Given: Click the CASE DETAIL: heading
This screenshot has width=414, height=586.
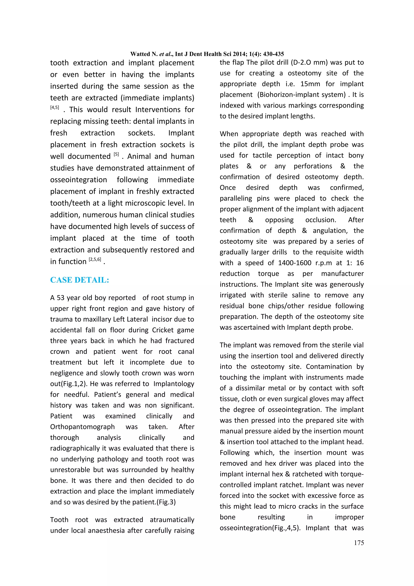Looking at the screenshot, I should coord(80,280).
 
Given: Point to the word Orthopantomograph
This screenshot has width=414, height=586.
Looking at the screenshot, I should coord(82,427).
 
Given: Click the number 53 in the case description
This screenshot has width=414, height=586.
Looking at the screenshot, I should coord(60,298).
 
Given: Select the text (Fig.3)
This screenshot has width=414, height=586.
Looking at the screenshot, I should coord(166,502).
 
